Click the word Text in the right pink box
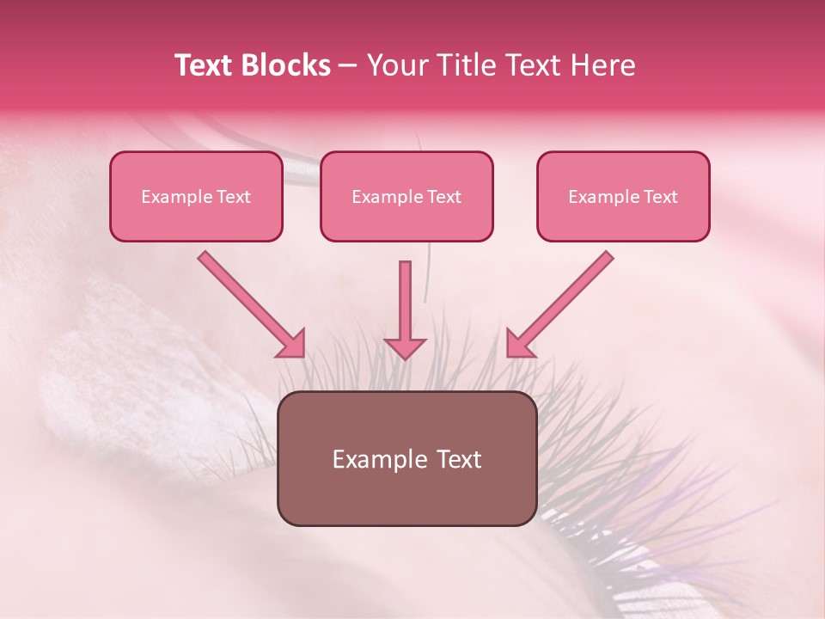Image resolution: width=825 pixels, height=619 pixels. [660, 197]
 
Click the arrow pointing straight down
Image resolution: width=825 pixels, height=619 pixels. [405, 309]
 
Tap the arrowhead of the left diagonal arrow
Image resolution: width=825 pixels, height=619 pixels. [291, 343]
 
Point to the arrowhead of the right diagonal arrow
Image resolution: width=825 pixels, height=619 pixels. [520, 343]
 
